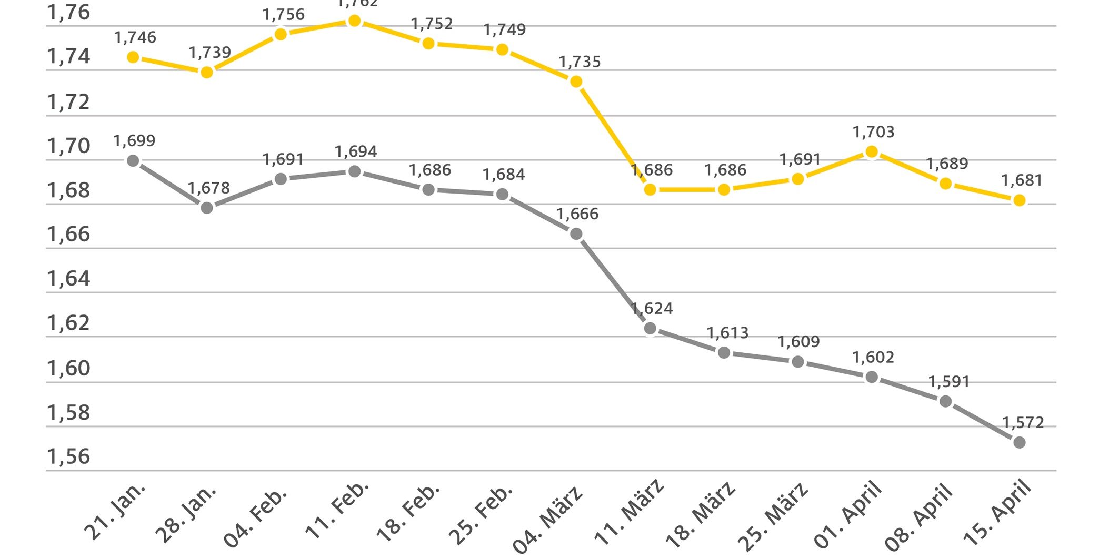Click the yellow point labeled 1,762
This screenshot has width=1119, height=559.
tap(355, 21)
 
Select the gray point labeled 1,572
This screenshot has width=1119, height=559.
tap(1019, 443)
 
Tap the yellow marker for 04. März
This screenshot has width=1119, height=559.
tap(576, 82)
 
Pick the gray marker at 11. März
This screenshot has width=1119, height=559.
tap(650, 329)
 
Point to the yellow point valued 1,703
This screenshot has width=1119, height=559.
tap(872, 152)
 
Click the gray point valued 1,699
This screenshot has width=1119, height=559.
tap(133, 160)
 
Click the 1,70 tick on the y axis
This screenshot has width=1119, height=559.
tap(68, 146)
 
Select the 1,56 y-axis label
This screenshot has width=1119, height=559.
tap(68, 456)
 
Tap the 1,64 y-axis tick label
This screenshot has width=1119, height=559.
tap(68, 278)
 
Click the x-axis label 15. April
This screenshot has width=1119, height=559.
tap(997, 512)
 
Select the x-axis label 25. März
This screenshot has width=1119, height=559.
tap(773, 515)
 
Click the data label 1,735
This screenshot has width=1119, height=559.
tap(580, 62)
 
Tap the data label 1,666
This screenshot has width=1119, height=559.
tap(577, 214)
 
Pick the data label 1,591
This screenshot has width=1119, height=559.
tap(948, 382)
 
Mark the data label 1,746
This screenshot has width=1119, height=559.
tap(135, 37)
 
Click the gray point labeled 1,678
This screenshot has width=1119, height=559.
tap(207, 208)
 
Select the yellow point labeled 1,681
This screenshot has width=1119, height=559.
tap(1019, 200)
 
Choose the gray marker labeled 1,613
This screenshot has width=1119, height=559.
tap(724, 352)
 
